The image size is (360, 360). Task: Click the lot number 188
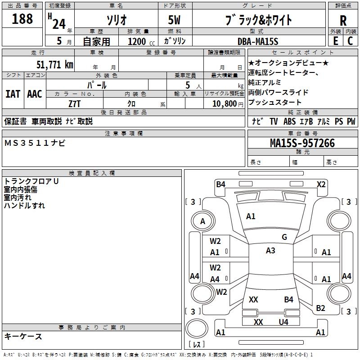tap(22, 19)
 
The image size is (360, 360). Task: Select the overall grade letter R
tap(343, 20)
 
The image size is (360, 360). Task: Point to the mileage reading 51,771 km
tap(54, 64)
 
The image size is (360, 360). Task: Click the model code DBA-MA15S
tap(258, 41)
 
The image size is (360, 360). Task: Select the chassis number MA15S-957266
tap(302, 143)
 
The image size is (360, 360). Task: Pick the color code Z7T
tap(75, 103)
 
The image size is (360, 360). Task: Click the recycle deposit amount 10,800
tap(224, 103)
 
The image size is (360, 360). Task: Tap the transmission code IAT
tap(13, 94)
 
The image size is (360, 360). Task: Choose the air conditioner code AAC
tap(34, 94)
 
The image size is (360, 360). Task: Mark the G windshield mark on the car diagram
tap(284, 237)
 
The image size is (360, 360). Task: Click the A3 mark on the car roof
tap(270, 251)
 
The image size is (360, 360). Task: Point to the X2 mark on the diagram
tap(321, 184)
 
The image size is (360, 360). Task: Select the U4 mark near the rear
tap(283, 322)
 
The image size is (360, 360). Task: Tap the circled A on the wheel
tap(202, 221)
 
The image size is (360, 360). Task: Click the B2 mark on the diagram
tap(320, 308)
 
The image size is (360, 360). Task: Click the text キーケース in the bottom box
tap(23, 336)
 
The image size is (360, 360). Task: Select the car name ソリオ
tap(116, 20)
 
